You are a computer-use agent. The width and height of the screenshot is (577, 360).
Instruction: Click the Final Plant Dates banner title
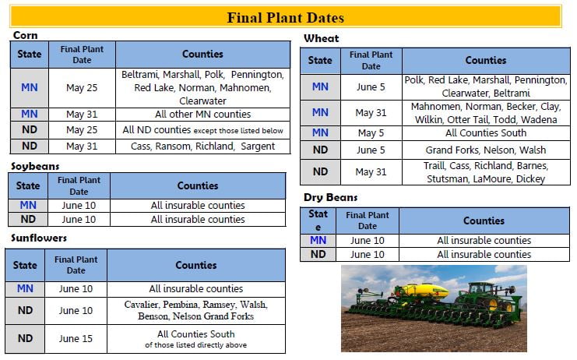[285, 17]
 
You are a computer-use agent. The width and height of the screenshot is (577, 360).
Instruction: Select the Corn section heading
[26, 35]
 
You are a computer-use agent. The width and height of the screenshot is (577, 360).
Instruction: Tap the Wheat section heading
[322, 38]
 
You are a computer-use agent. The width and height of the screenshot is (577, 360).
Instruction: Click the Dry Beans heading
[330, 198]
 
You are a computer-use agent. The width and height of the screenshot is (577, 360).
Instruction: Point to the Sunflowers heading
[39, 238]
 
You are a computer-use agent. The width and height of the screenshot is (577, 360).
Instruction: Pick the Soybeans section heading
[35, 167]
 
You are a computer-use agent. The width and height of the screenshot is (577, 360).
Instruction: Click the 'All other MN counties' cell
[202, 114]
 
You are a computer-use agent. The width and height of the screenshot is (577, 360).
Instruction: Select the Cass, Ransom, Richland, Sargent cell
[202, 146]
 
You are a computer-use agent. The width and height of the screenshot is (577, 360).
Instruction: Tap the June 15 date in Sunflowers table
[76, 339]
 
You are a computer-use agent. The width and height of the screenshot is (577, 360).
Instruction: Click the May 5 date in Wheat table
[371, 133]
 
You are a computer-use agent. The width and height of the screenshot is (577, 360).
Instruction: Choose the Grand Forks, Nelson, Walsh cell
[486, 150]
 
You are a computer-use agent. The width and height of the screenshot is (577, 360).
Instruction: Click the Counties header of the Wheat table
[486, 60]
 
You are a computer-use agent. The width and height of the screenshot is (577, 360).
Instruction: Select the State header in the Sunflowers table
[25, 265]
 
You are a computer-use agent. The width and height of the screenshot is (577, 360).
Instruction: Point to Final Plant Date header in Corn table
[82, 55]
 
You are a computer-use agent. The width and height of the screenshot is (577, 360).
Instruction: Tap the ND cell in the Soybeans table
[28, 220]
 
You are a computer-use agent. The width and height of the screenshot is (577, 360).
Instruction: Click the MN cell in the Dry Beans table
[318, 240]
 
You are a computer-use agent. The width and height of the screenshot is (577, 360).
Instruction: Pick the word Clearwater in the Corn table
[202, 101]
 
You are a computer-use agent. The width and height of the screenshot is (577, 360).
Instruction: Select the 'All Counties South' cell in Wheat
[486, 133]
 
